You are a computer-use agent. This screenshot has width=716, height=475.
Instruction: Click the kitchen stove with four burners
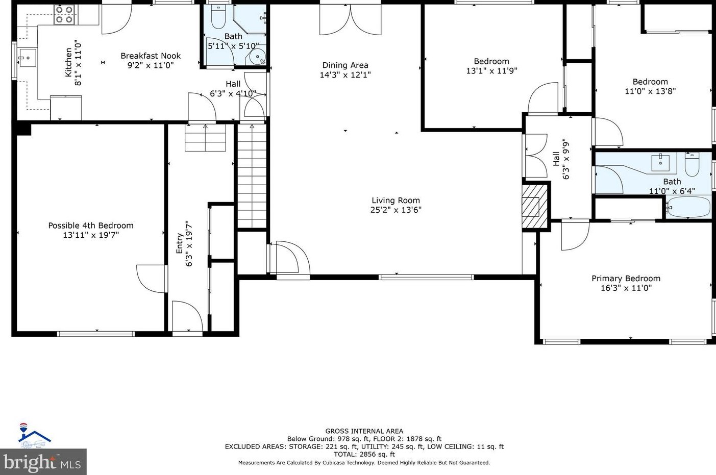coord(65,15)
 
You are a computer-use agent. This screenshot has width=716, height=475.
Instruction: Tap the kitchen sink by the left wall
coord(27,58)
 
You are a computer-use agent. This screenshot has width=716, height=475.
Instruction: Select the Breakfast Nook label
coord(151,56)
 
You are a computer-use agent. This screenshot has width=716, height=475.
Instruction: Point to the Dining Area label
coord(345,65)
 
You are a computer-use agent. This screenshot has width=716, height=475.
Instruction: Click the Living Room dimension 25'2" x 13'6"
coord(396,210)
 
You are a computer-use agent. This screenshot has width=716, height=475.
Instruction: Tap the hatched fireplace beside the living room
coord(536,207)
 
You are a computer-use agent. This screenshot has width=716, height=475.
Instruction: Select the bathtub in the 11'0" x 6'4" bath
coord(688,207)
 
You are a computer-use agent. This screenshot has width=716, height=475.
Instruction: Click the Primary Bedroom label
coord(626,279)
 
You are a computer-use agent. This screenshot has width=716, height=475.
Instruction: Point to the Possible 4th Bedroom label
coord(91,226)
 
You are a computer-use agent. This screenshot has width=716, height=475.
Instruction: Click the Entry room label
coord(180,243)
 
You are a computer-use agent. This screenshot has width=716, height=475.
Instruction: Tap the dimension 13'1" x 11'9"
coord(491,70)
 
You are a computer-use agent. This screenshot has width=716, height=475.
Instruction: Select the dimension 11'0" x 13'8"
coord(650,91)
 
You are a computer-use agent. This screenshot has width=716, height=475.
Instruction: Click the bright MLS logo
coord(43,462)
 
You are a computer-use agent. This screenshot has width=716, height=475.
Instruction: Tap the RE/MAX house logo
coord(35,435)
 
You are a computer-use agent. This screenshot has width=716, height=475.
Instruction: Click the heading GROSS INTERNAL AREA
coord(364,431)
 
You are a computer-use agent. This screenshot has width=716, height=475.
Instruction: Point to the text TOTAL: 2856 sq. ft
coord(364,454)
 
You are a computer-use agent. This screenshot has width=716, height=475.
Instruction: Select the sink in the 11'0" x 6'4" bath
coord(660,162)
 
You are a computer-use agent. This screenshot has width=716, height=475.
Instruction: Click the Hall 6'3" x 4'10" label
coord(233,89)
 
